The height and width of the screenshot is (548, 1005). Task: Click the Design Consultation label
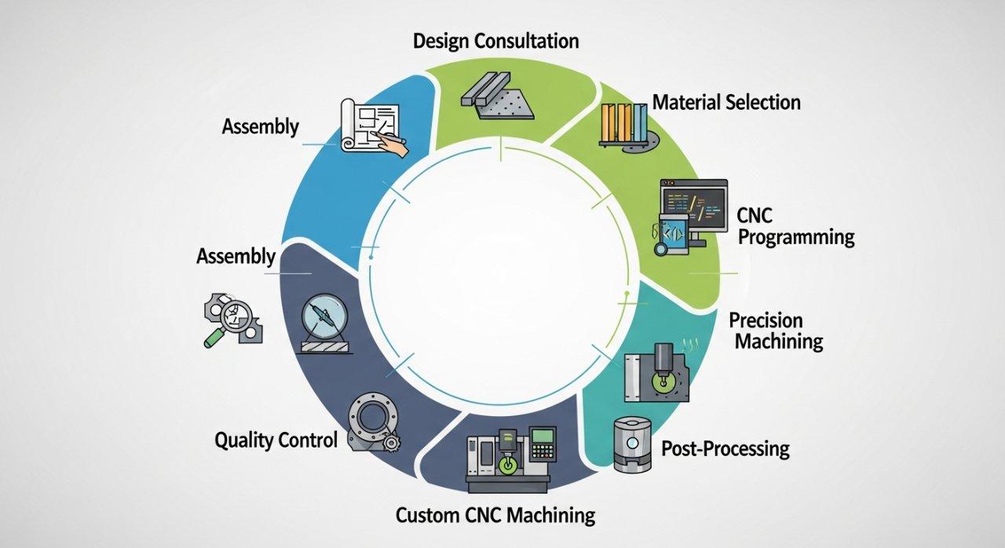(x=496, y=40)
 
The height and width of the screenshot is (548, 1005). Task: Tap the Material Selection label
(x=726, y=102)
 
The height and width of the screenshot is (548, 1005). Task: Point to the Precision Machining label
(x=775, y=331)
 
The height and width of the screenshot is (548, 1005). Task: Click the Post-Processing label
(x=725, y=449)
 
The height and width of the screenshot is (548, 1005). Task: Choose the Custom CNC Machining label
(x=495, y=516)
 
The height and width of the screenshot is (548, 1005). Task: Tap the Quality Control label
(x=276, y=440)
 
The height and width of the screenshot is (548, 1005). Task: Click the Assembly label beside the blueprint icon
(x=260, y=126)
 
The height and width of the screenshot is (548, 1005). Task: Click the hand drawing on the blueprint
(x=390, y=144)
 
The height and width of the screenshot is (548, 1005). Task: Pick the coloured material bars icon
(x=625, y=124)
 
